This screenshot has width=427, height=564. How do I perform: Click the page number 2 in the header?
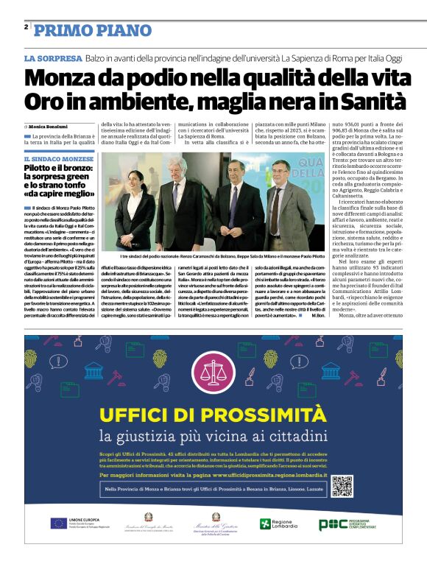pyautogui.click(x=26, y=27)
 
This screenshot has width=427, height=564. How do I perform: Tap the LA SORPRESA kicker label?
pyautogui.click(x=53, y=58)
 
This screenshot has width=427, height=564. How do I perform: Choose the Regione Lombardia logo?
pyautogui.click(x=278, y=524)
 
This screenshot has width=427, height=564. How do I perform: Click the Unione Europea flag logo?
pyautogui.click(x=60, y=524)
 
